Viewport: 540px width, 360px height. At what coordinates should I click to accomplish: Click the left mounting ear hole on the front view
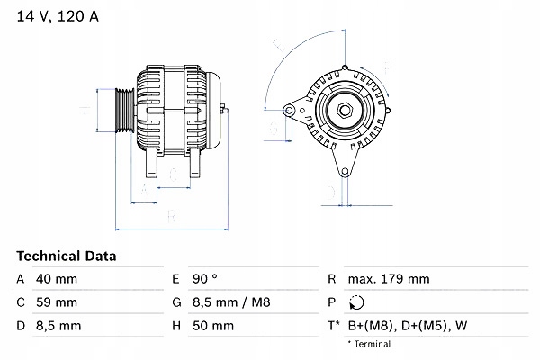290,111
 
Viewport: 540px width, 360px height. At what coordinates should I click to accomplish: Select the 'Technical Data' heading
67,256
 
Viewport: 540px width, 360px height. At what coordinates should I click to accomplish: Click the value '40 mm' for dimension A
56,279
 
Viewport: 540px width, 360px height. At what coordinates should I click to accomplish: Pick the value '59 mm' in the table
56,301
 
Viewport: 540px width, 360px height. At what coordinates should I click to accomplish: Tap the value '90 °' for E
207,279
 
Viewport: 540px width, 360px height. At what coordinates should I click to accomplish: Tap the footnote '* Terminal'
370,344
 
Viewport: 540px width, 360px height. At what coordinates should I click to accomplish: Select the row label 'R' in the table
332,279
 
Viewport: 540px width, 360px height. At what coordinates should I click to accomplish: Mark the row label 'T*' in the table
334,324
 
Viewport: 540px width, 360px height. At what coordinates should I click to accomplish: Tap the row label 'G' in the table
175,301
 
